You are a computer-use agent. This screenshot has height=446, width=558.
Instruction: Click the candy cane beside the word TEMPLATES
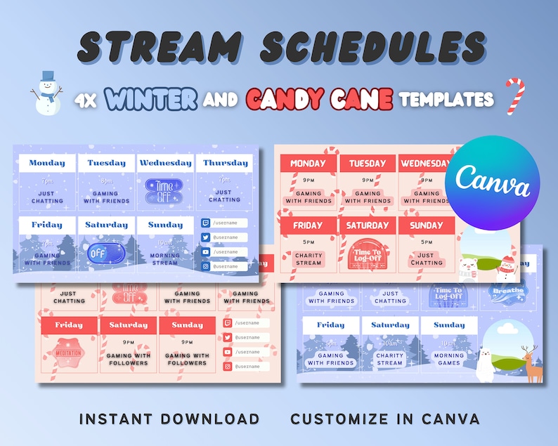point(514,97)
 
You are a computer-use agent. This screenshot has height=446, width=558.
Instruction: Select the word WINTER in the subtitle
point(151,100)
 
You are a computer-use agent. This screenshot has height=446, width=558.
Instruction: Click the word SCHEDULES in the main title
point(372,48)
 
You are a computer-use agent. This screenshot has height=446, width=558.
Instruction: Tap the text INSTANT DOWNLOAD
point(169,419)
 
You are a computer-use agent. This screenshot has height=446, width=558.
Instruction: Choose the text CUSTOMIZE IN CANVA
point(385,419)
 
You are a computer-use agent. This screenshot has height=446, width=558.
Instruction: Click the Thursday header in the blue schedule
point(225,163)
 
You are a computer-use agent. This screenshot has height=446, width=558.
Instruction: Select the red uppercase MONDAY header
point(308,164)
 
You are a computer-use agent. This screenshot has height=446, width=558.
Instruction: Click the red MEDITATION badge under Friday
point(70,352)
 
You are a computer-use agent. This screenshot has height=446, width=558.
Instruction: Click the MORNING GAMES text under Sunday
point(449,359)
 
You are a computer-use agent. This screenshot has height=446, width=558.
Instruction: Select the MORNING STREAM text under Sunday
point(166,259)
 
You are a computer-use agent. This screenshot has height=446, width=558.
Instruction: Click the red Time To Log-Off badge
point(368,257)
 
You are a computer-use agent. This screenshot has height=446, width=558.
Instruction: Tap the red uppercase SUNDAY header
point(427,225)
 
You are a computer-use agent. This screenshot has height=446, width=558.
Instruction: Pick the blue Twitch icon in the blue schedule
point(205,223)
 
